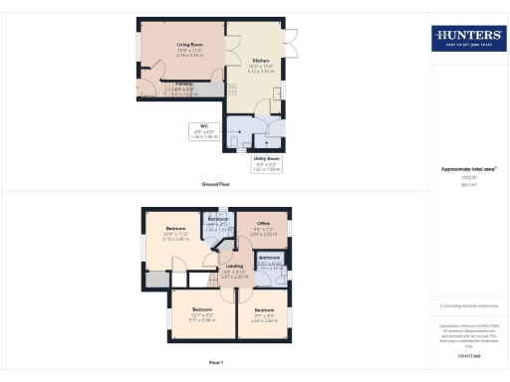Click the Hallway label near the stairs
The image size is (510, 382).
point(184,88)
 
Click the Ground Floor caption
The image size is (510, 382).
point(217,185)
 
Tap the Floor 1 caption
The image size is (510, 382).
point(217,364)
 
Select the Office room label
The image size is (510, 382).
point(264,227)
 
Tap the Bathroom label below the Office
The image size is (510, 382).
point(270,261)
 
